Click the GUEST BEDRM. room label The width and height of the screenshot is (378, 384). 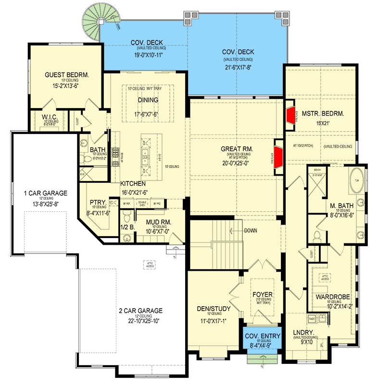(x=67, y=75)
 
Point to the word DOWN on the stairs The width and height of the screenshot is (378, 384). (x=250, y=230)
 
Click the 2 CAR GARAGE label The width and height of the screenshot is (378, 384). (x=140, y=310)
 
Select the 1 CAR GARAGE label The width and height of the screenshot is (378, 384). (x=46, y=193)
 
